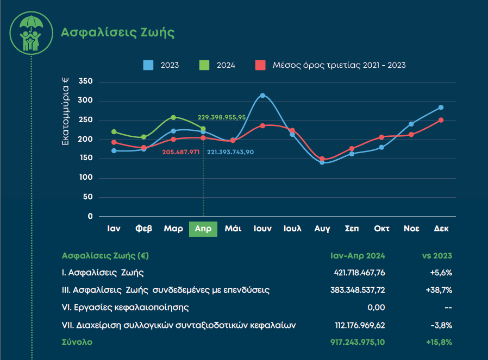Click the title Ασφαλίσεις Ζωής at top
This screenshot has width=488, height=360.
coord(117,32)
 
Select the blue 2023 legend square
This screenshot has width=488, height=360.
coord(148,65)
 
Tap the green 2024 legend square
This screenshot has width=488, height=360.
coord(204,65)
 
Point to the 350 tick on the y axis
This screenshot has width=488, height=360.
coord(86,81)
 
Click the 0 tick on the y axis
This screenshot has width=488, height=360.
coord(90,216)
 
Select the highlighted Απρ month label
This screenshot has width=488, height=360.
coord(203,229)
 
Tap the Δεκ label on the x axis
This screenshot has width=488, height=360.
coord(441,229)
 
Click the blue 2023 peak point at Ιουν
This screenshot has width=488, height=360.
coord(262,96)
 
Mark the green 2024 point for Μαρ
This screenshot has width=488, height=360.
coord(173,117)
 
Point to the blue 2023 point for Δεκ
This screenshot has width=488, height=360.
coord(441,108)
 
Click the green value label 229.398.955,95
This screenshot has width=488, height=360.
coord(222,117)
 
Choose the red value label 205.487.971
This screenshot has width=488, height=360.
coord(181,153)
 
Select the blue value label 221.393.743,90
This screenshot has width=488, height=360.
coord(230,153)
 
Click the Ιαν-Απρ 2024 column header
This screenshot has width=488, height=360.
coord(358,256)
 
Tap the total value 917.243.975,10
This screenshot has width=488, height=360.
coord(358,342)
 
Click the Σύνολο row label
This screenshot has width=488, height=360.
coord(77,342)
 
